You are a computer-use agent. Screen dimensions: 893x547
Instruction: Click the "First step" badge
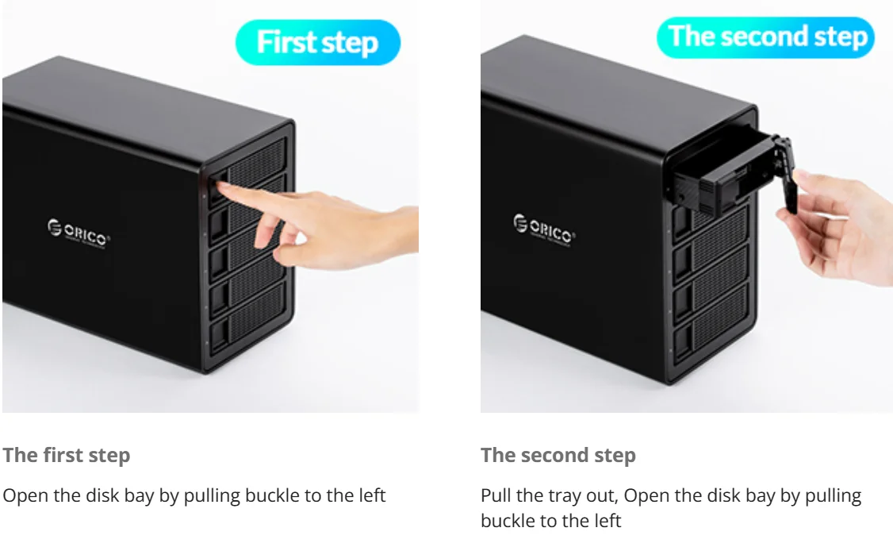click(318, 42)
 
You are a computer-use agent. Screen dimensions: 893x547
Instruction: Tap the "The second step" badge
click(765, 37)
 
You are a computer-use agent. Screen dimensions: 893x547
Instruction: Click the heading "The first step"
click(67, 455)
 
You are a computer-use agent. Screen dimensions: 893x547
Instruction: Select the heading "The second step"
click(558, 455)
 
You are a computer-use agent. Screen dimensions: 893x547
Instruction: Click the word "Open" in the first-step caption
click(25, 495)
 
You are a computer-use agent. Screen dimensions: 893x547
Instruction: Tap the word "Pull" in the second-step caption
click(496, 495)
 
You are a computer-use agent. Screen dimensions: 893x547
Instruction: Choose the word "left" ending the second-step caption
click(607, 520)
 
